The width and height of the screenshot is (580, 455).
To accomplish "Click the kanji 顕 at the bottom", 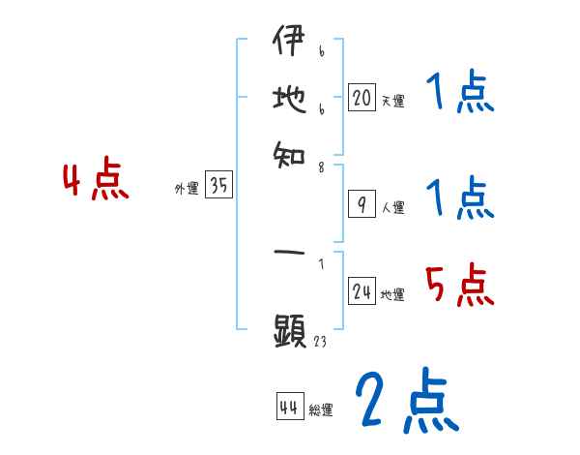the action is [289, 331].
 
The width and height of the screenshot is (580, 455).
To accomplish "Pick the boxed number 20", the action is [361, 97].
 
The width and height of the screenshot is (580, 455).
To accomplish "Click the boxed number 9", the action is [361, 203].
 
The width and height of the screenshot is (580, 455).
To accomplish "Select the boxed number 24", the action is [361, 292].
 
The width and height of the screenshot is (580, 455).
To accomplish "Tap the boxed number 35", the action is [218, 187].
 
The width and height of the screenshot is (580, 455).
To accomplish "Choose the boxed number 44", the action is [288, 408].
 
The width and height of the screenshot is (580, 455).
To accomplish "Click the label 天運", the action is [392, 101].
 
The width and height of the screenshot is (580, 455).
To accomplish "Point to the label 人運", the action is [392, 207].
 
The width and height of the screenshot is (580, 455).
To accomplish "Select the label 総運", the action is [320, 410].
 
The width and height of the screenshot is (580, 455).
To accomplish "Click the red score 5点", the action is [459, 287].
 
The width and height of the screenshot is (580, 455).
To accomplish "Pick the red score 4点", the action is [95, 182].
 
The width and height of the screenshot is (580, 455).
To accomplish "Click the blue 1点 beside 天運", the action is [459, 94].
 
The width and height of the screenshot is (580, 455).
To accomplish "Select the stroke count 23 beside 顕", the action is [319, 342].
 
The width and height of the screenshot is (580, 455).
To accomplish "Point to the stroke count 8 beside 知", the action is [320, 166].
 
